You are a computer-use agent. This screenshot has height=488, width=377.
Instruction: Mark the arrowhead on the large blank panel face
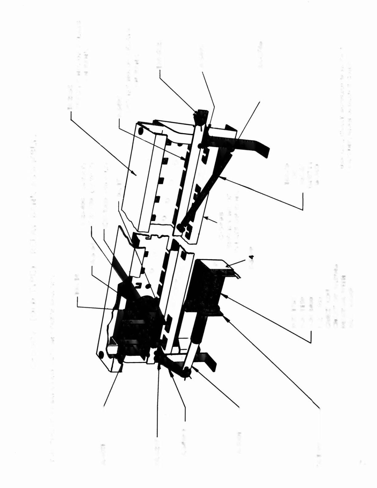pyautogui.click(x=136, y=174)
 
